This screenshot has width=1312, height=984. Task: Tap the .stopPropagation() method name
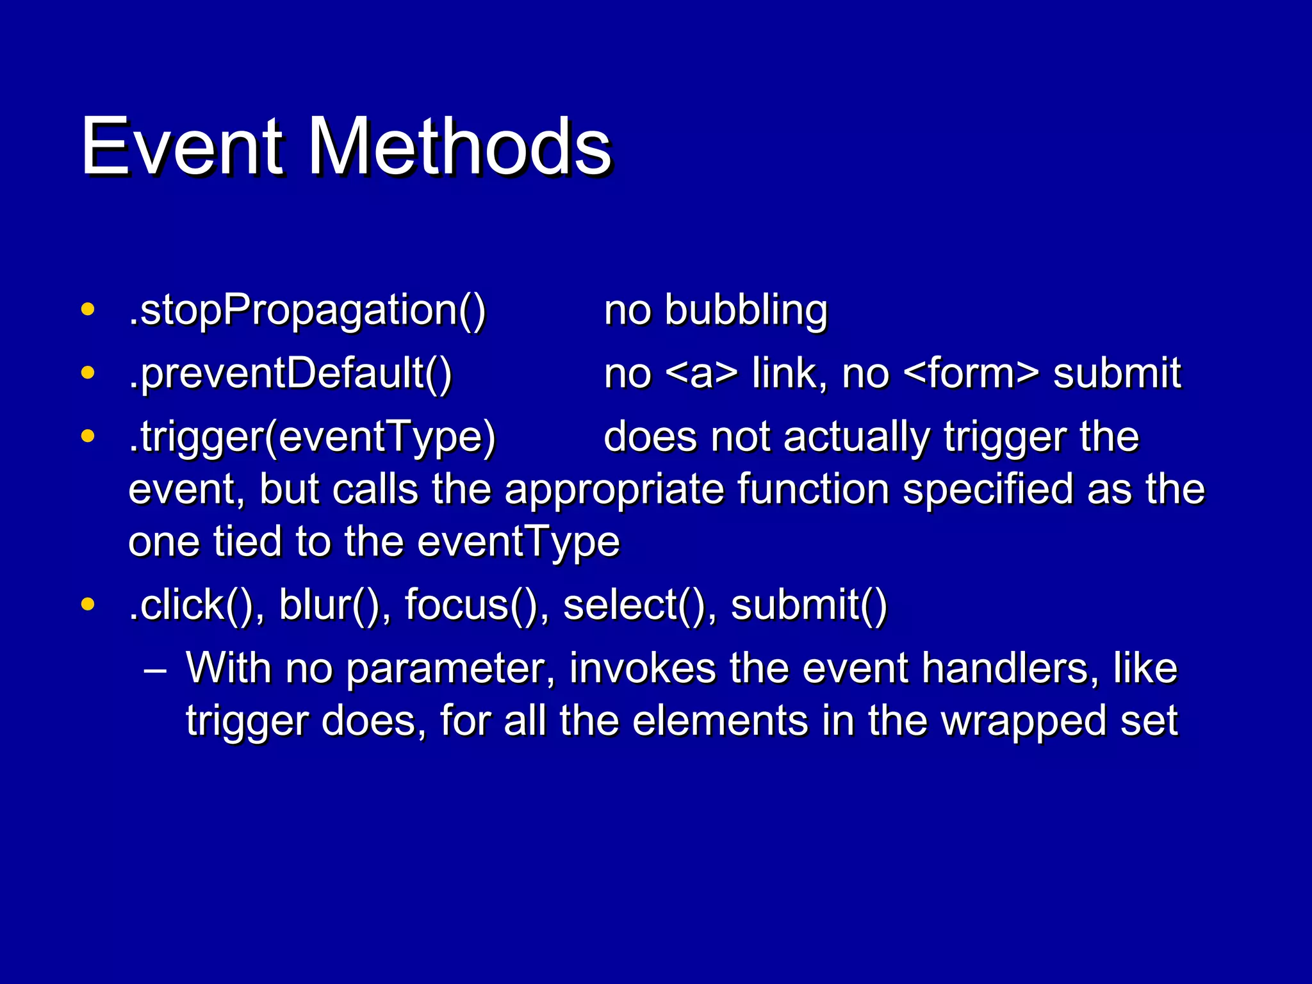coord(307,310)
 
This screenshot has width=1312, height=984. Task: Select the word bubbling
coord(746,310)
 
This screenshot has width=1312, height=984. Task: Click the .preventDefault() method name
coord(290,373)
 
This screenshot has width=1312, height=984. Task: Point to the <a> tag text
coord(701,374)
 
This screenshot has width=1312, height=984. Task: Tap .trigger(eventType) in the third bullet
coord(312,438)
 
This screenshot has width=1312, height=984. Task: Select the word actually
coord(856,438)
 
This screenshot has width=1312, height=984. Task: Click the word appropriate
coord(614,491)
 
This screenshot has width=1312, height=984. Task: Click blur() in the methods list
coord(334,605)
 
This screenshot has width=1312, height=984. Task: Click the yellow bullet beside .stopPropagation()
coord(88,309)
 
